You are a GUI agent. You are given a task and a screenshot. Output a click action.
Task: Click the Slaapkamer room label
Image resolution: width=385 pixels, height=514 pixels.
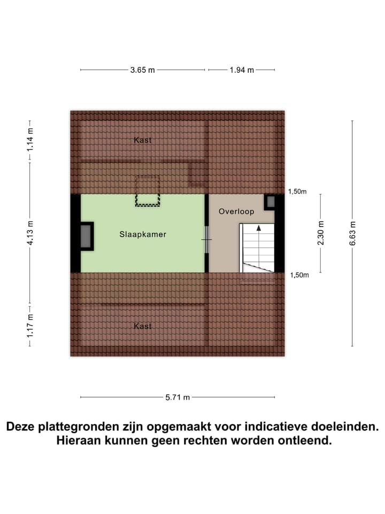coord(143,235)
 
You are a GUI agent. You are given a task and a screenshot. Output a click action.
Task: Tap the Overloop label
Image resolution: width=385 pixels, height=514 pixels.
coord(236,211)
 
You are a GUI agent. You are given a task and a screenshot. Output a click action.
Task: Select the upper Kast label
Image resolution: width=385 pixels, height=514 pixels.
coord(143,140)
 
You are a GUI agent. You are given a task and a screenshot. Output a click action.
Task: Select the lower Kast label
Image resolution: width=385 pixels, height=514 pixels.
coord(143,326)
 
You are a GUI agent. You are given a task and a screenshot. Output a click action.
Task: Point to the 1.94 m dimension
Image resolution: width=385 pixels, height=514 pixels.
coord(242,70)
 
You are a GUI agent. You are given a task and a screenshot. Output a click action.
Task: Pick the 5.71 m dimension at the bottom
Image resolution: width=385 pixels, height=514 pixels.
coord(178,397)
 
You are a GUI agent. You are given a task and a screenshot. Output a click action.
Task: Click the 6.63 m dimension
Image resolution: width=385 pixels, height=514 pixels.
coord(352,233)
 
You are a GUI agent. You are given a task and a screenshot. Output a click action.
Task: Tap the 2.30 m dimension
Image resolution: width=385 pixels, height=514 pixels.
coord(321,233)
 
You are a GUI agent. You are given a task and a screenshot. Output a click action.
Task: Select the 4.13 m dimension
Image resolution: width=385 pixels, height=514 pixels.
coord(30,233)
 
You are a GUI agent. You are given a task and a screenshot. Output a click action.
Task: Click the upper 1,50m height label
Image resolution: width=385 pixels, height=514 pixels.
coord(297,192)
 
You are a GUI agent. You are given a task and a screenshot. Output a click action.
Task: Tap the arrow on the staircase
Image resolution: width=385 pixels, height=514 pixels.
coord(259,229)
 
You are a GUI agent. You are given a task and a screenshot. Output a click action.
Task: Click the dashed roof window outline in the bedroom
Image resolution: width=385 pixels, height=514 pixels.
coord(148,191)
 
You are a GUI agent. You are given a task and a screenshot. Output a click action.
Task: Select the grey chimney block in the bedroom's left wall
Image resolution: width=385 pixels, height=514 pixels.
coord(86,236)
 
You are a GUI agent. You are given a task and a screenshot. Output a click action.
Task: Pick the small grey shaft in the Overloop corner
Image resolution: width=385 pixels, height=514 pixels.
coord(271,201)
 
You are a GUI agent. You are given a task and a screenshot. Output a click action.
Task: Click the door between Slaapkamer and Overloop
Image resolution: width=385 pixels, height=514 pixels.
coord(207,239)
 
